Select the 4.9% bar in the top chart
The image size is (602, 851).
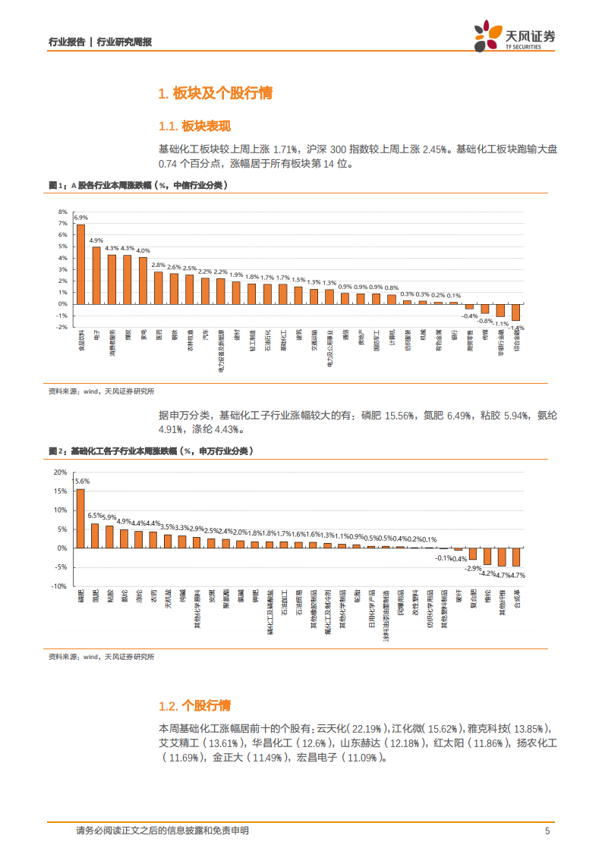(96, 275)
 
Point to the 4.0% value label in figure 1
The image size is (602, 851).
(143, 251)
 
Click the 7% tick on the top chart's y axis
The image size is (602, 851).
(62, 224)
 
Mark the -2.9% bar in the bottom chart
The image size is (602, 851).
(473, 554)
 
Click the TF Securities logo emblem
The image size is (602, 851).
(484, 36)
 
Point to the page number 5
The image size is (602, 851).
(547, 831)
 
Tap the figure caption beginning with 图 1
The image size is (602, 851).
(137, 184)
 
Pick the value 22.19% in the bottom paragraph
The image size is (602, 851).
(367, 728)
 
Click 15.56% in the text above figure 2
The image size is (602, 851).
(399, 416)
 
